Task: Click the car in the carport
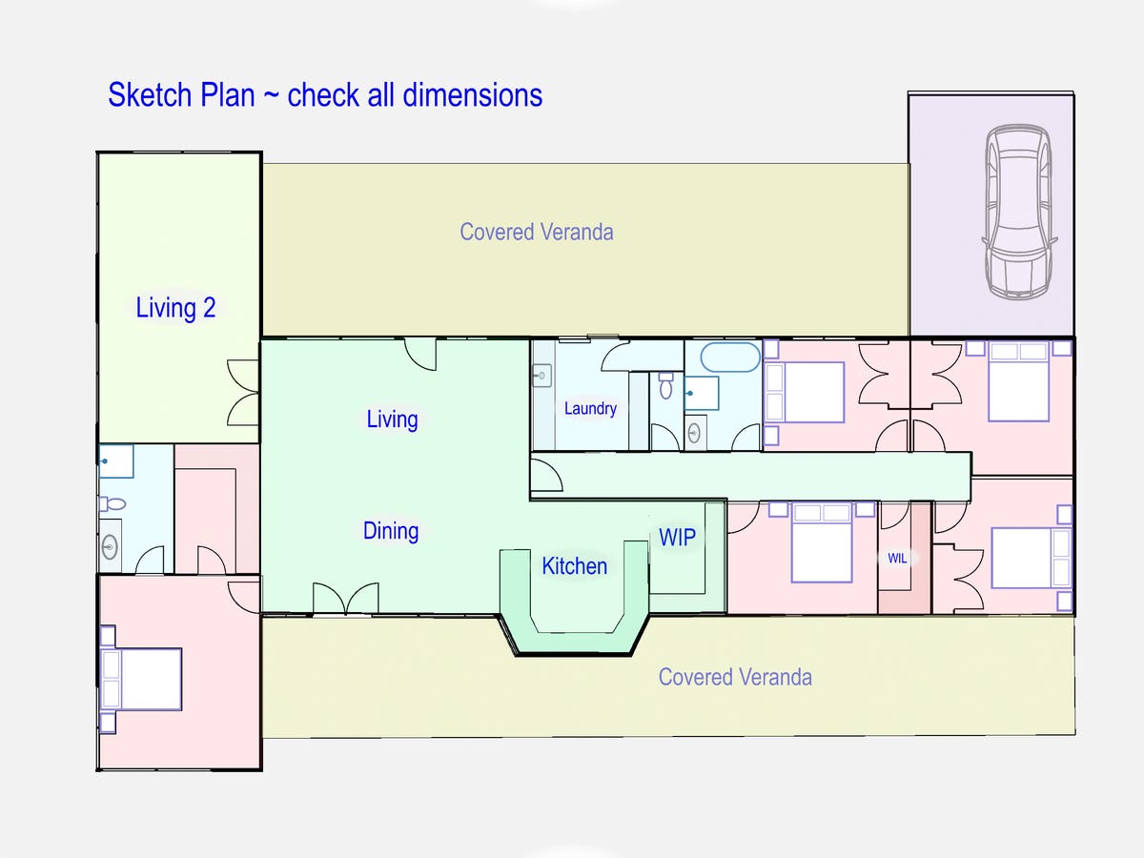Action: [x=1018, y=211]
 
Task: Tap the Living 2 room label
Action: [x=175, y=308]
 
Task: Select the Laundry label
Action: [x=590, y=408]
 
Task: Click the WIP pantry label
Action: [x=677, y=537]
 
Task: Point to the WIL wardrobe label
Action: [x=897, y=559]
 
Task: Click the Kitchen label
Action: [x=574, y=566]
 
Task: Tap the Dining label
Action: [x=391, y=531]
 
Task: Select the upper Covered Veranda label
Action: [x=536, y=232]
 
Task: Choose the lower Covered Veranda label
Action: [x=735, y=677]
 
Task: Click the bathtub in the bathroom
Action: [x=731, y=358]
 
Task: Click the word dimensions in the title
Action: [x=472, y=95]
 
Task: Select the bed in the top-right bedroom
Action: [x=1017, y=381]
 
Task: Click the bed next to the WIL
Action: [x=822, y=544]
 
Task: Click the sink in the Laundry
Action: [x=541, y=376]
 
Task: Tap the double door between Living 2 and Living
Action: [x=244, y=392]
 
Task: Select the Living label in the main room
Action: [x=392, y=419]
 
